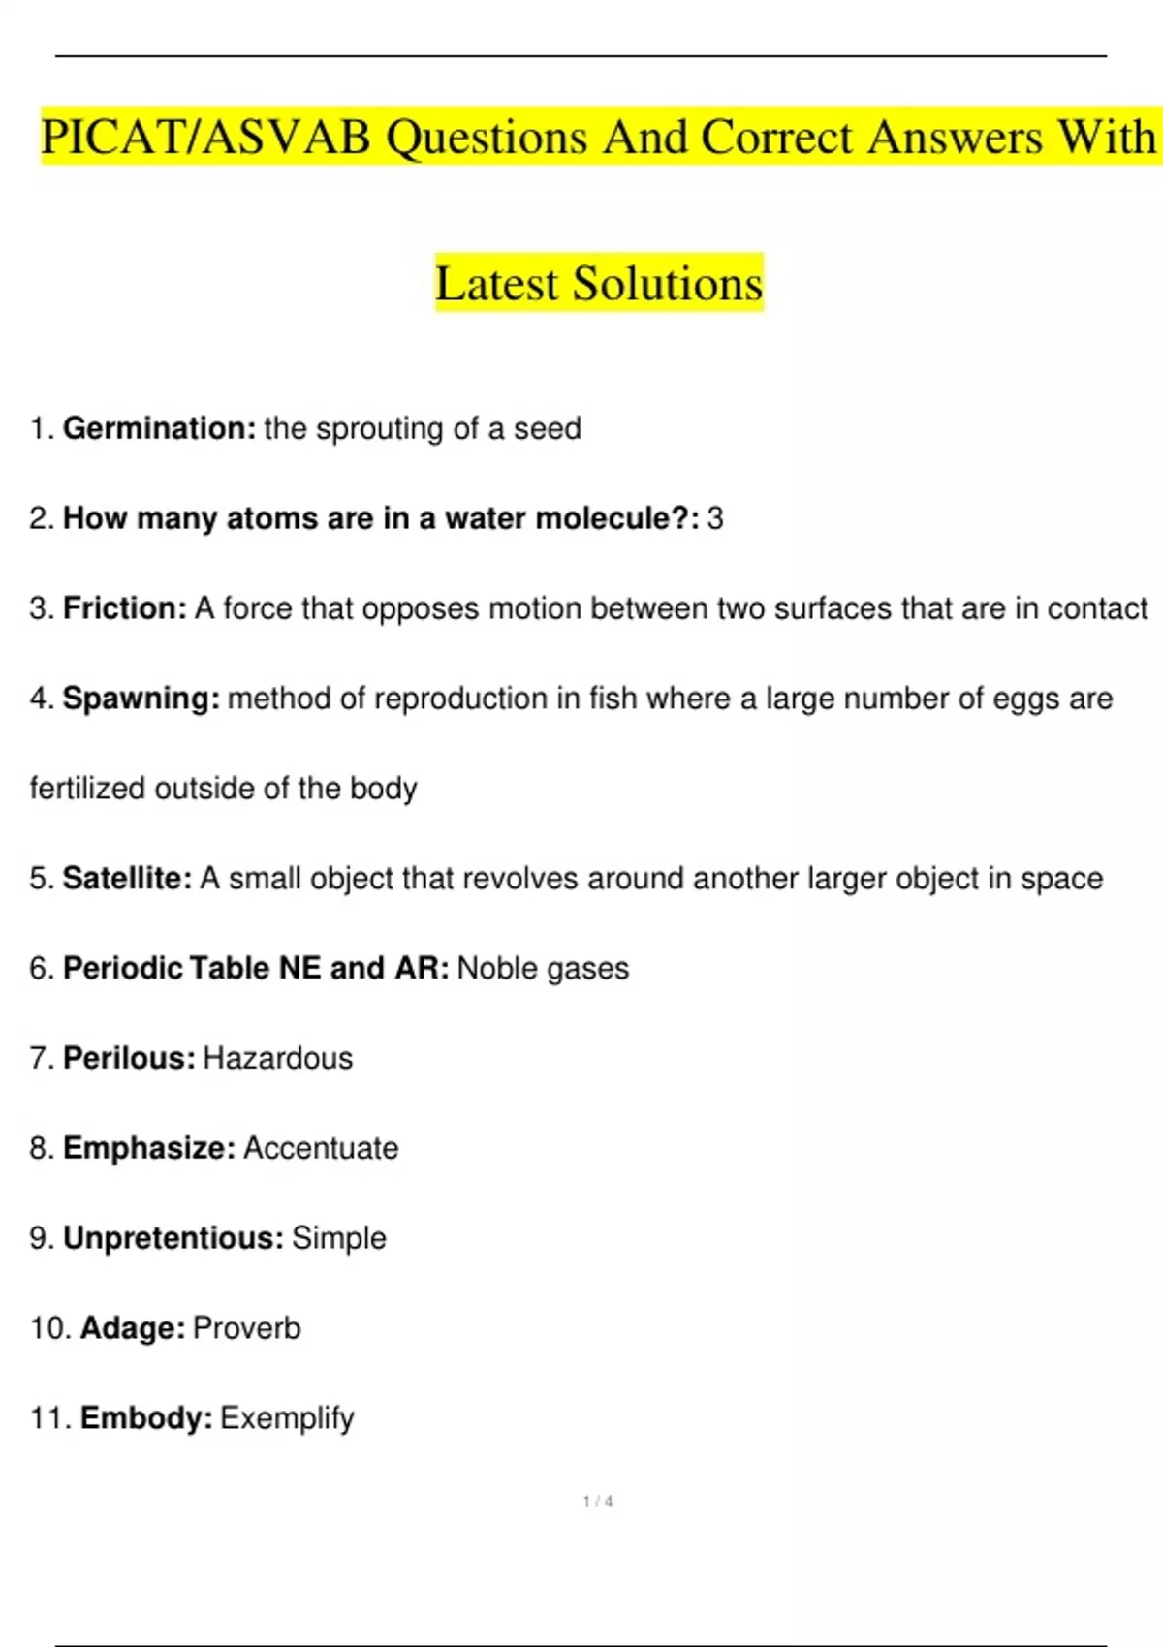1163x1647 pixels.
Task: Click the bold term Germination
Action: [x=159, y=428]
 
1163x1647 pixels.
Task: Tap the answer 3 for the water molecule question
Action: [x=715, y=518]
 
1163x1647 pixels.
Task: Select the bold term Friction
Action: [x=124, y=608]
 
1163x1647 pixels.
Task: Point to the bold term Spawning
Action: [x=141, y=699]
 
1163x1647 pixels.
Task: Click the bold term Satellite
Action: [x=127, y=879]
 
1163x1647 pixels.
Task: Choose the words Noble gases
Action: [x=543, y=969]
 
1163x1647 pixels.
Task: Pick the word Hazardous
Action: [x=278, y=1058]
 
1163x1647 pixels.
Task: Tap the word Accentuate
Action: [x=321, y=1148]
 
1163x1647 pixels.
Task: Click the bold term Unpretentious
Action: [x=173, y=1238]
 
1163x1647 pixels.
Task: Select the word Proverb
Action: [x=247, y=1328]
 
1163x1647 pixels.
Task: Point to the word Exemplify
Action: [x=287, y=1418]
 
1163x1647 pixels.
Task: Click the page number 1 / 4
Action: [x=598, y=1502]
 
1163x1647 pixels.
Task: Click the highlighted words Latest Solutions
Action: [x=599, y=283]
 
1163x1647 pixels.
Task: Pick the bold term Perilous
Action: [x=129, y=1058]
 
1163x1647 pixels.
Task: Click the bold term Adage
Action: [x=132, y=1328]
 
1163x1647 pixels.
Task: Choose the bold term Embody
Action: [x=145, y=1418]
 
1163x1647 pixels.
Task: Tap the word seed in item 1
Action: [x=548, y=428]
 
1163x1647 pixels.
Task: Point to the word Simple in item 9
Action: [x=339, y=1238]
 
